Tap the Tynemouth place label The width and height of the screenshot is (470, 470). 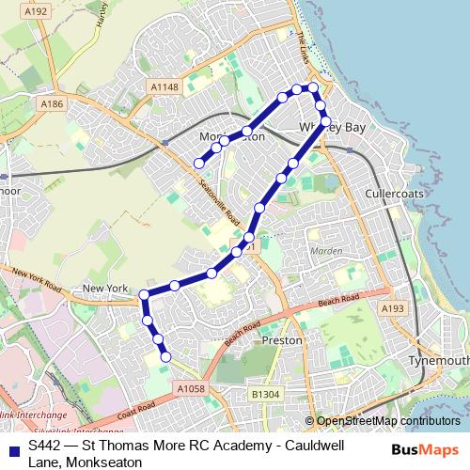pos(438,361)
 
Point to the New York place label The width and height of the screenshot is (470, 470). pos(104,289)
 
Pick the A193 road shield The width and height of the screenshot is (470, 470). pos(392,307)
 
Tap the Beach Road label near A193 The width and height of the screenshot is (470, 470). pos(338,302)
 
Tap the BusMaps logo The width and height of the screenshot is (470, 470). pos(424,450)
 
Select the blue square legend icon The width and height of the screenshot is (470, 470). pos(13,446)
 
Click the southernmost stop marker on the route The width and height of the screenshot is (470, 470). pos(165,356)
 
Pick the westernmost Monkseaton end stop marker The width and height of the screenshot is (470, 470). pos(198,164)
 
